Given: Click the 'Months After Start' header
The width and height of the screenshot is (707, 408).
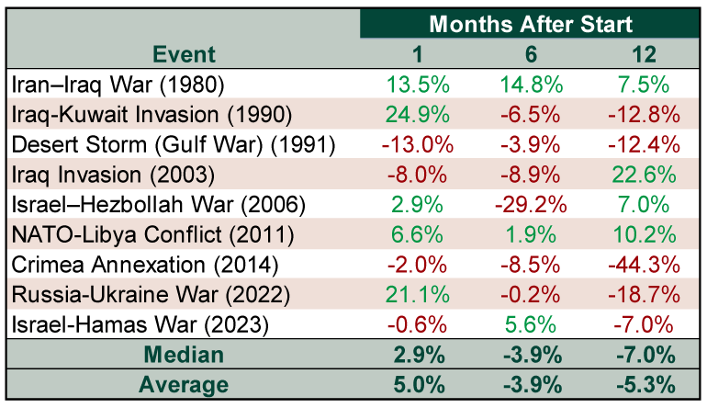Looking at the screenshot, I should pyautogui.click(x=530, y=24).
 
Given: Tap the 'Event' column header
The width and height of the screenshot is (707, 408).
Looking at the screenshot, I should pyautogui.click(x=184, y=54).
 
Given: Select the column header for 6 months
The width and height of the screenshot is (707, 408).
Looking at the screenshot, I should pyautogui.click(x=530, y=54).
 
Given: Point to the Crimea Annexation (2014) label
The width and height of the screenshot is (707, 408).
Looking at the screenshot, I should pyautogui.click(x=144, y=265).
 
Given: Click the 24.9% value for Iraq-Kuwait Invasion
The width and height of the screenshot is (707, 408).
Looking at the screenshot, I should pyautogui.click(x=418, y=115).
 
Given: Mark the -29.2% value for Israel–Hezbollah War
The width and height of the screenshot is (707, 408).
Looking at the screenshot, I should pyautogui.click(x=530, y=205).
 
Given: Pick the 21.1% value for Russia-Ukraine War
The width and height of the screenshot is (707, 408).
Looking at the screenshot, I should pyautogui.click(x=418, y=295).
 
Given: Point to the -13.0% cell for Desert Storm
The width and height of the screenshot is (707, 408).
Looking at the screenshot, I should pyautogui.click(x=418, y=144).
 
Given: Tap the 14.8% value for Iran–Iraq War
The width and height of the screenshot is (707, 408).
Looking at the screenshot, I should pyautogui.click(x=530, y=85).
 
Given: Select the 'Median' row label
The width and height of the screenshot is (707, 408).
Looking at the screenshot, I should pyautogui.click(x=184, y=356).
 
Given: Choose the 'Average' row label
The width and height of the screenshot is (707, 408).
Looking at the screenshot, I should pyautogui.click(x=184, y=386).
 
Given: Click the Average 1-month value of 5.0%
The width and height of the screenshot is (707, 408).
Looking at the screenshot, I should pyautogui.click(x=418, y=386).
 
